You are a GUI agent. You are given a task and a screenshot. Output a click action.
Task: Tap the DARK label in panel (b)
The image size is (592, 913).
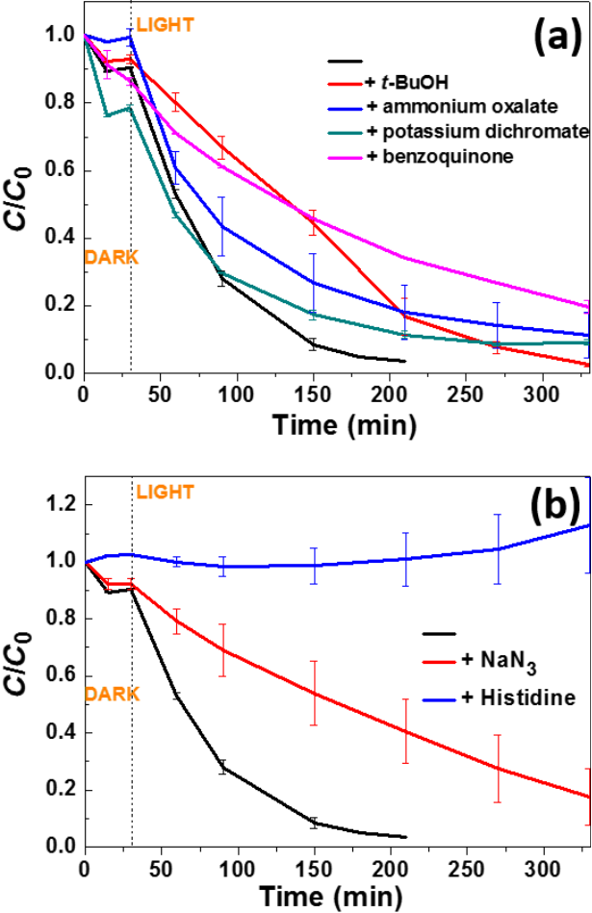112,693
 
